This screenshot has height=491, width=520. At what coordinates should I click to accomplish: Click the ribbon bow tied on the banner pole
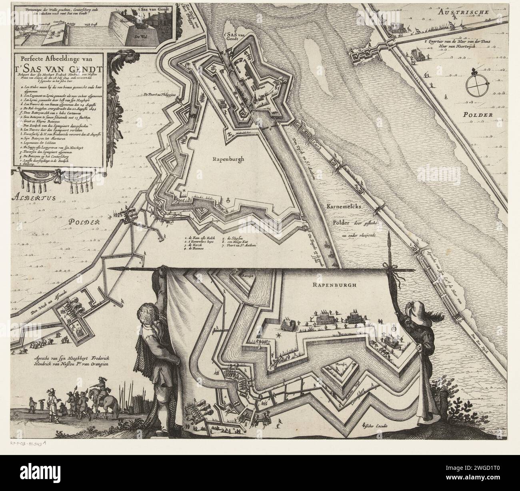pyautogui.click(x=388, y=267)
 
